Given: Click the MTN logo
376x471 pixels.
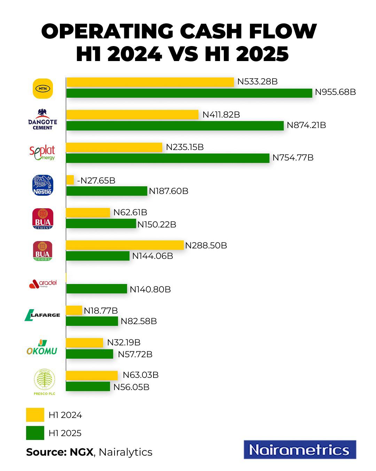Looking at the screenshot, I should coord(42,88).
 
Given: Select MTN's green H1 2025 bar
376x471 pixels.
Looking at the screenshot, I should coord(189,93).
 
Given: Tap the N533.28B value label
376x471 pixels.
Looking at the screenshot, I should coord(257,82).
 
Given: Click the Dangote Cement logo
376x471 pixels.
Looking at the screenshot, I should coord(42,120).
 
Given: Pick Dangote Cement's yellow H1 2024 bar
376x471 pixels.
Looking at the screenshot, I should coord(132,114).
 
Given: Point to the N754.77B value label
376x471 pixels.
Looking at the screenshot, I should coord(293,158).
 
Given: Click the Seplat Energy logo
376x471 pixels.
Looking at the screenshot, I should coord(42,153).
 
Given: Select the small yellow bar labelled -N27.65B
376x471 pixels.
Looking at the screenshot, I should coord(70,180).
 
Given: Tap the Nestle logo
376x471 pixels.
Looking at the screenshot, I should coord(42,185).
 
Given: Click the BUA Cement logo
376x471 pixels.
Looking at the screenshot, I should coord(42,219).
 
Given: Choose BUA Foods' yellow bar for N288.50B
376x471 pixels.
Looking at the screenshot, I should coord(125,245).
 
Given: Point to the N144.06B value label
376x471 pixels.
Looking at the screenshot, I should coord(152,256).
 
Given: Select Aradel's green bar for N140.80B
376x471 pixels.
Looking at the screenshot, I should coord(96,289).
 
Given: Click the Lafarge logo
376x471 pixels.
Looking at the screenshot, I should coord(42,315).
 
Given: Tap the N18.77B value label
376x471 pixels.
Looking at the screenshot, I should coord(101,311).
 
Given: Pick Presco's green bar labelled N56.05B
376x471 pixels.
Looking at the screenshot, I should coord(88,387).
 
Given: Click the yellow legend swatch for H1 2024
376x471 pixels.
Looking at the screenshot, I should coord(35,415).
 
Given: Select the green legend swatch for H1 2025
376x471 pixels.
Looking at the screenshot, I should coord(35,433).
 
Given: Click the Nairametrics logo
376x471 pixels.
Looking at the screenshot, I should coord(300,450).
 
